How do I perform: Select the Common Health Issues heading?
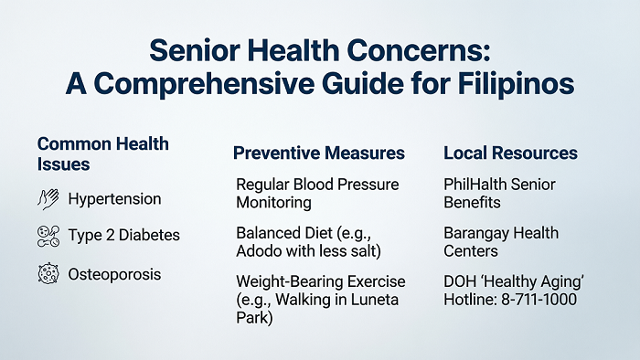coord(102,154)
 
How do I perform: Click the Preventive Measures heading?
coord(319,154)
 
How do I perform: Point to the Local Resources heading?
coord(510,154)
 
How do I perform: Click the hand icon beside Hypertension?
coord(48,199)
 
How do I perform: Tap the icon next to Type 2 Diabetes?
coord(48,236)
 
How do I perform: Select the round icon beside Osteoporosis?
coord(48,273)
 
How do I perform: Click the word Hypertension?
coord(114,199)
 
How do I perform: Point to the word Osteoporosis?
coord(114,274)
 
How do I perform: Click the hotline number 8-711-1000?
coord(539,300)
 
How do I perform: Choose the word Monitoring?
coord(273,203)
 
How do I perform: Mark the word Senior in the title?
coord(194,51)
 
